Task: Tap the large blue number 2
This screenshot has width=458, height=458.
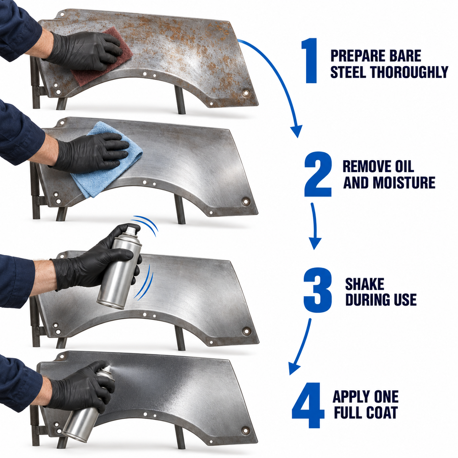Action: coord(318,174)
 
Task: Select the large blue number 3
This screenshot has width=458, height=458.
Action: coord(317,290)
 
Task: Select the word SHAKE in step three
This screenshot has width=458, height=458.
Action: coord(365,284)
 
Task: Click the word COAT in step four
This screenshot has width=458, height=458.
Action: coord(382,412)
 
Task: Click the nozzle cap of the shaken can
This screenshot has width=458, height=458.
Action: coord(130,231)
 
